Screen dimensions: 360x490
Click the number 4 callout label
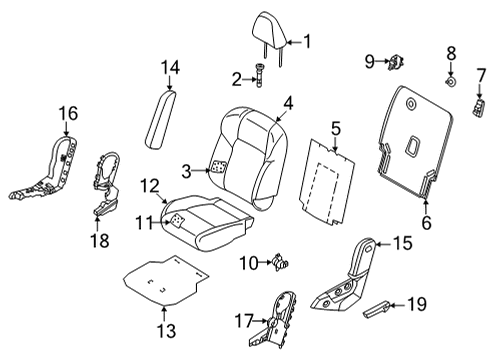[x=288, y=102]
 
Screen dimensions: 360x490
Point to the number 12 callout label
[x=149, y=184]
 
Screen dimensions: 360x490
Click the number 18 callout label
[x=97, y=240]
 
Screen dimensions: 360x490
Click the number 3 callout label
[x=186, y=171]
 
